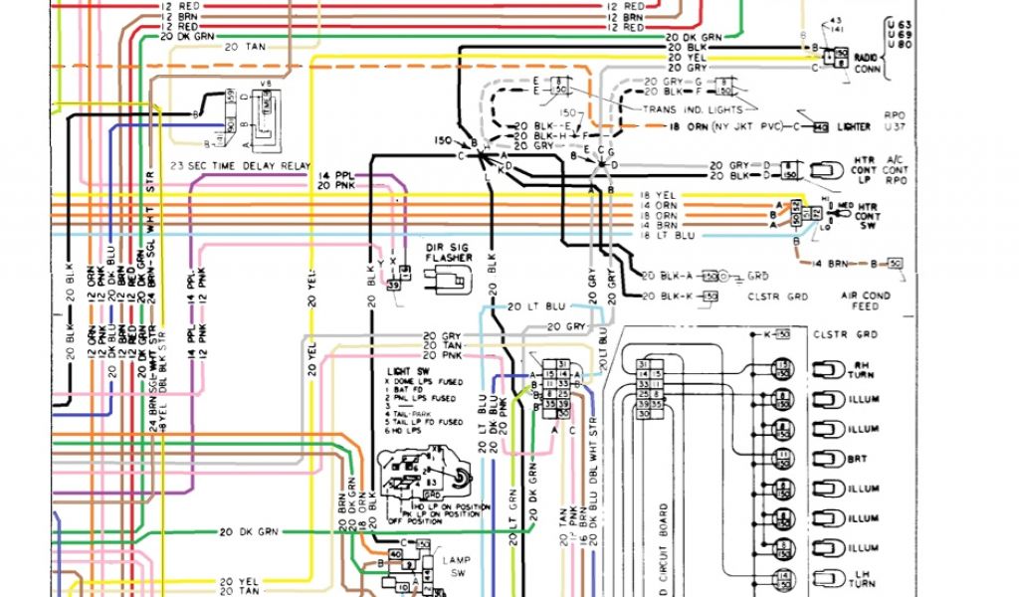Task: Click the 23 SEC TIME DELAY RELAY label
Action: coord(242,165)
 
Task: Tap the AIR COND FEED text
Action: coord(865,300)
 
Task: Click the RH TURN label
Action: coord(863,371)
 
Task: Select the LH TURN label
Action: coord(863,580)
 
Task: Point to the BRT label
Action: coord(858,460)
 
